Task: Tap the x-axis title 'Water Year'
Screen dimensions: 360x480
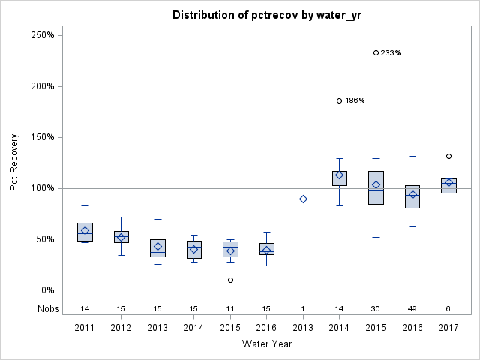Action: pyautogui.click(x=267, y=344)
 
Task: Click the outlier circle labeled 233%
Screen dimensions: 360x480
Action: pyautogui.click(x=376, y=52)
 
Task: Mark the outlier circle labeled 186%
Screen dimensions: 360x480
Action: pyautogui.click(x=339, y=100)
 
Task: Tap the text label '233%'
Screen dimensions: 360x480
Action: pyautogui.click(x=391, y=53)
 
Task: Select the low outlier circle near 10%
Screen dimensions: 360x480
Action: pyautogui.click(x=230, y=280)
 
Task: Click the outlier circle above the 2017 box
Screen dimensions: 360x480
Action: pyautogui.click(x=448, y=157)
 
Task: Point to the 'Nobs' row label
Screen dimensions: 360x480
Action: pyautogui.click(x=46, y=308)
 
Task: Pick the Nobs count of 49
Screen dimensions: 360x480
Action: pyautogui.click(x=412, y=308)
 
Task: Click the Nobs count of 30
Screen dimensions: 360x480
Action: pyautogui.click(x=376, y=308)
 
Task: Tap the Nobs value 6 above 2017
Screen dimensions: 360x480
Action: pyautogui.click(x=448, y=308)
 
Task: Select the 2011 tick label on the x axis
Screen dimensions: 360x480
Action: pyautogui.click(x=85, y=327)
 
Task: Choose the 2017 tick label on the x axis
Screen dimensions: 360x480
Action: pyautogui.click(x=448, y=327)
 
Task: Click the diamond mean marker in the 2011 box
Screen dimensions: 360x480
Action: pyautogui.click(x=85, y=231)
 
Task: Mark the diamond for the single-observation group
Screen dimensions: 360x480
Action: pyautogui.click(x=303, y=199)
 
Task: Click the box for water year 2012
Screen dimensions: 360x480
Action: pyautogui.click(x=121, y=237)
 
